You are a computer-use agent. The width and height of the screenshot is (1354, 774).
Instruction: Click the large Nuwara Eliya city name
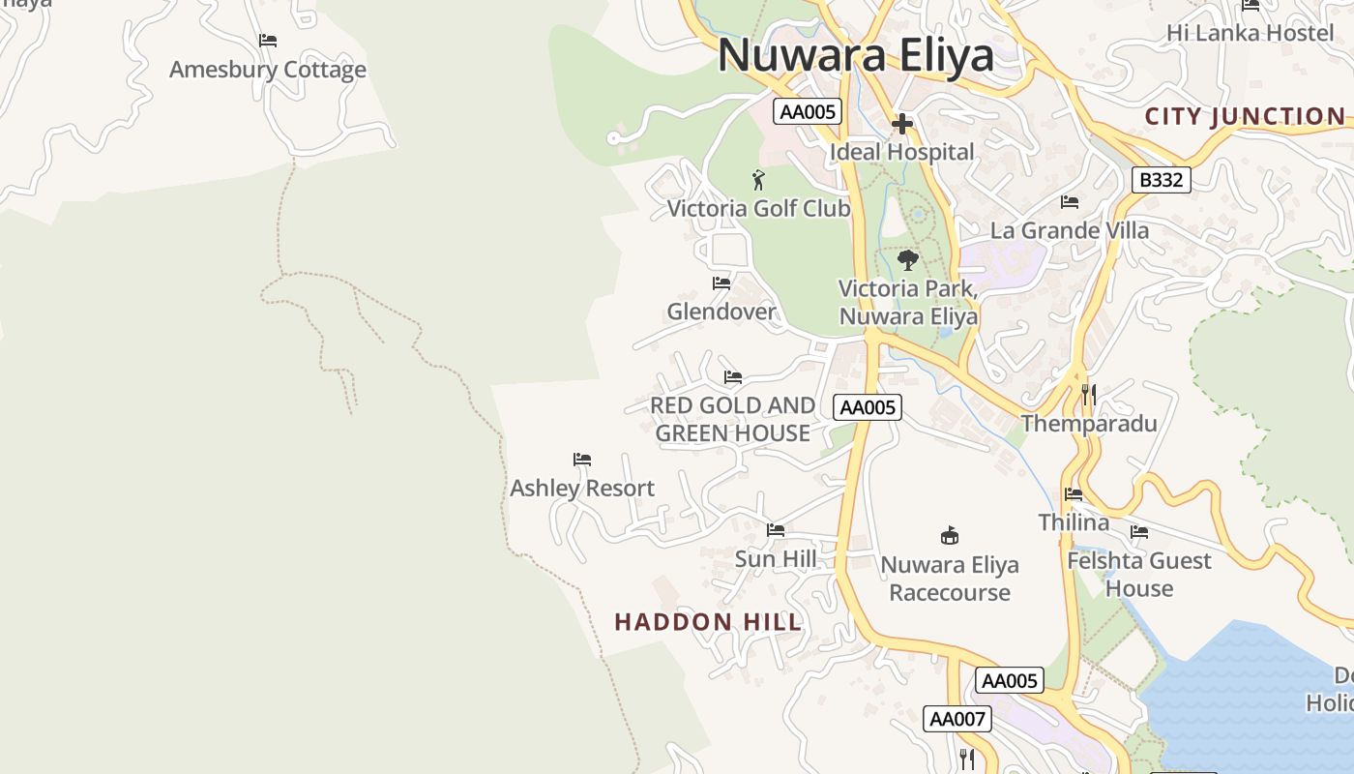855,55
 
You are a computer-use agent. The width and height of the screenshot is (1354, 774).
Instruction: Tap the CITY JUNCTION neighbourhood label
1245,117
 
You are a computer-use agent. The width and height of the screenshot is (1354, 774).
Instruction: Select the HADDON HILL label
708,622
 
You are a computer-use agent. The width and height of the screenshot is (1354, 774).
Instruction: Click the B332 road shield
1161,180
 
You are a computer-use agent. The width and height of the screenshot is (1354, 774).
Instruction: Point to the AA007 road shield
957,719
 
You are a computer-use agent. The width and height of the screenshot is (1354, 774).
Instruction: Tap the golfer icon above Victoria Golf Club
758,180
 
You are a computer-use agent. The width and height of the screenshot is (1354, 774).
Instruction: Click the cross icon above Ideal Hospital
902,124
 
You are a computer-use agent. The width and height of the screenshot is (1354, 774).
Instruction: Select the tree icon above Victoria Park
907,260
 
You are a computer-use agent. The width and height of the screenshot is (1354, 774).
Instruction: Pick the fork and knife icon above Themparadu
1089,395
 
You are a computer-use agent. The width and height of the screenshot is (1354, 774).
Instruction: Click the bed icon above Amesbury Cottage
268,41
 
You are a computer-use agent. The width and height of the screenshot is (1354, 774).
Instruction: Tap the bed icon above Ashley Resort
581,460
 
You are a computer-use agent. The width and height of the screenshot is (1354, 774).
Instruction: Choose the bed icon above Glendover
721,283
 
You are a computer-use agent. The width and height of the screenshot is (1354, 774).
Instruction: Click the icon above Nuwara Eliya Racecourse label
950,535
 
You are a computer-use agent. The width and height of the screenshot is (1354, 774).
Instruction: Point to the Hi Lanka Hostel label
1250,33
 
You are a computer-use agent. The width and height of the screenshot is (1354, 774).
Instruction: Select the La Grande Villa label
1070,230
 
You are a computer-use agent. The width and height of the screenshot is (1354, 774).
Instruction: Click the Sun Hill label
776,558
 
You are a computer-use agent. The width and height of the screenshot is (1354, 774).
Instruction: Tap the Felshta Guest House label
1138,575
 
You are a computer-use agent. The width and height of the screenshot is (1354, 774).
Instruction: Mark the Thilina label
1074,522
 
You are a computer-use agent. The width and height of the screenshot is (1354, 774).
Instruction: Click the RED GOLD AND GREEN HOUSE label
732,419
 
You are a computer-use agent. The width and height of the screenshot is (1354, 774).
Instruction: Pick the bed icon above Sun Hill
776,530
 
